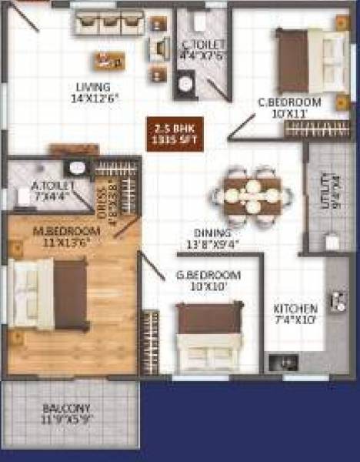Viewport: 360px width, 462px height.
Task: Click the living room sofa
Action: pos(109,23)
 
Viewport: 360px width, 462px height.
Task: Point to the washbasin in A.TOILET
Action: pos(77,168)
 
